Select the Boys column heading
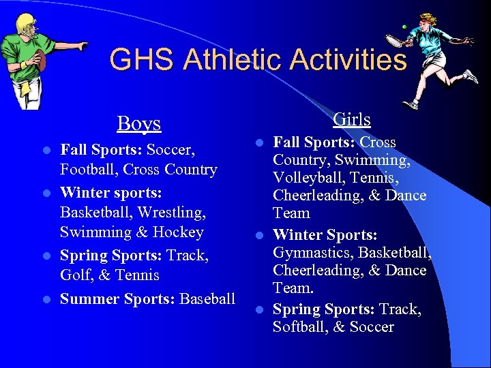tap(138, 123)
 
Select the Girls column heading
tap(351, 119)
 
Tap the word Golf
tap(76, 275)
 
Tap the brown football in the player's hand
tap(40, 59)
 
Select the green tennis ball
tap(403, 27)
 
